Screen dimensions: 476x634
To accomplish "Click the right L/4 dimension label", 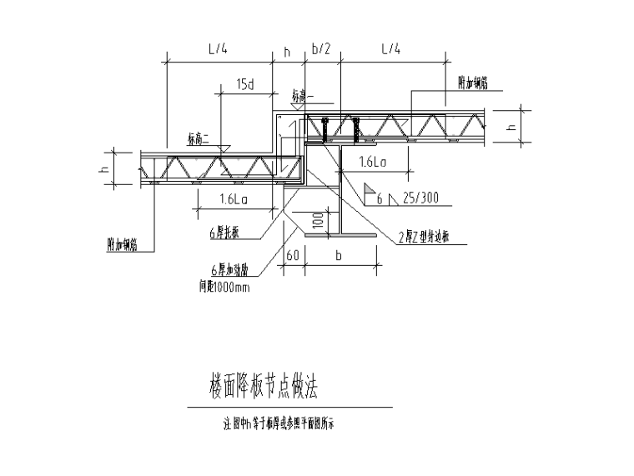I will tap(390, 50).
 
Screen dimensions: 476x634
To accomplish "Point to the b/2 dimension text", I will tap(322, 50).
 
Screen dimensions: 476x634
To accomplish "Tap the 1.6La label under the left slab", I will tap(234, 199).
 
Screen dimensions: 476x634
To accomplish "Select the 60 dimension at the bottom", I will tap(292, 257).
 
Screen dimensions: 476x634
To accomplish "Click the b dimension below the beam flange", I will tap(339, 257).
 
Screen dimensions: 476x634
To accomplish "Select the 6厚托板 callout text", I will tap(224, 234).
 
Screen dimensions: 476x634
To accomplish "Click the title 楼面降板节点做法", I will tap(264, 386).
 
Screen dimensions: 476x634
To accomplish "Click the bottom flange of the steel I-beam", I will tap(340, 236).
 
